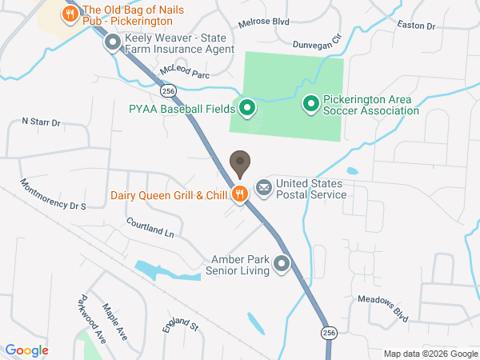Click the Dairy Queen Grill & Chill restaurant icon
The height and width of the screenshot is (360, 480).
pyautogui.click(x=239, y=194)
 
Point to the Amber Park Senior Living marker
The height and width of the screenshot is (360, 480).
pyautogui.click(x=281, y=263)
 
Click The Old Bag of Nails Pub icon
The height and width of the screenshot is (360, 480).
pyautogui.click(x=70, y=14)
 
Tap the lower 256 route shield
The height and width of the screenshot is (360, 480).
pyautogui.click(x=328, y=331)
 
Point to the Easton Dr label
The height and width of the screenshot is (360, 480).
pyautogui.click(x=416, y=26)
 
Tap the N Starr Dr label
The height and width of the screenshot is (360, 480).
pyautogui.click(x=42, y=122)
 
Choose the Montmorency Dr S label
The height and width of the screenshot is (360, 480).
pyautogui.click(x=54, y=195)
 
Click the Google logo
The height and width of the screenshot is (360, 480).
pyautogui.click(x=27, y=350)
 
